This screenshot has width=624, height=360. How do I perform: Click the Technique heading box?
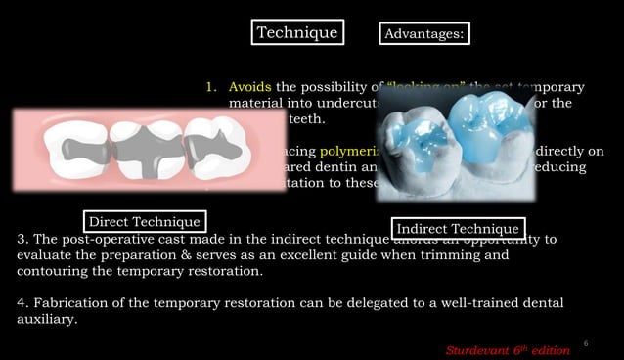click(296, 32)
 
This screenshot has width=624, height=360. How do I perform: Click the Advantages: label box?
click(423, 34)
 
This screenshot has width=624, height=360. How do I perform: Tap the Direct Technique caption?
click(145, 222)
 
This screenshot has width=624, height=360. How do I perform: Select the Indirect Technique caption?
click(457, 228)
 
